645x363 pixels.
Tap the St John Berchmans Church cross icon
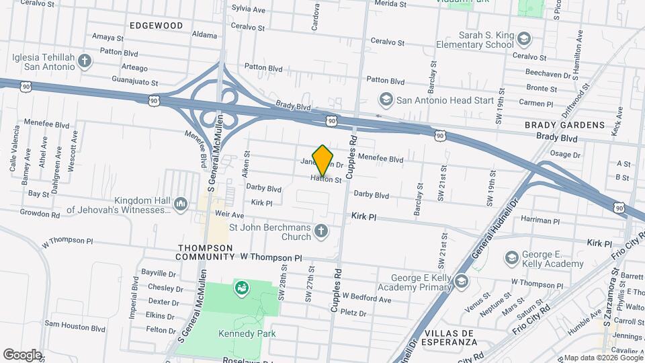pos(321,232)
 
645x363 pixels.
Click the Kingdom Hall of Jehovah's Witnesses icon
pos(180,204)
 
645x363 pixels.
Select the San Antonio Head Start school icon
pos(386,100)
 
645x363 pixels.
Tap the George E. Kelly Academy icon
pos(512,258)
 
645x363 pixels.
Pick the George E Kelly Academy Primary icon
pos(461,281)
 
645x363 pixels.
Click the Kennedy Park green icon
pos(241,288)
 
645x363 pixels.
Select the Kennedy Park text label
pos(247,333)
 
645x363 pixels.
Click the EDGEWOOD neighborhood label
pos(157,26)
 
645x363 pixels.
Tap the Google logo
pos(21,355)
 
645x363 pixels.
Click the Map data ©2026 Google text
pos(603,358)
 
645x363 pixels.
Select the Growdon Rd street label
pos(40,215)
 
